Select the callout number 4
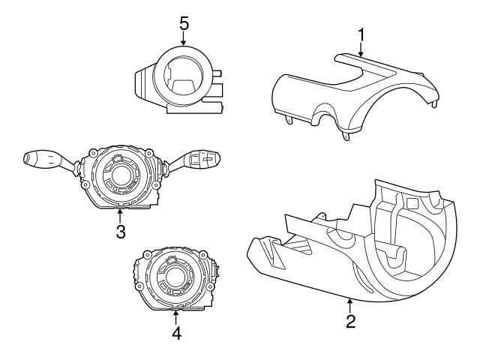[177, 333]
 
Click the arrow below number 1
[360, 51]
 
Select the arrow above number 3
[120, 213]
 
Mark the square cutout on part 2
[412, 203]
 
